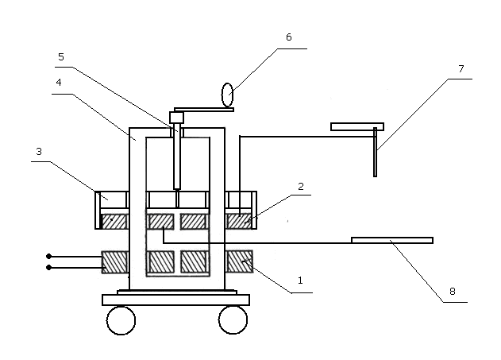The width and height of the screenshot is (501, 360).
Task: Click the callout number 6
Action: click(289, 37)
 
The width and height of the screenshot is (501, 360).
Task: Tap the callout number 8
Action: click(453, 292)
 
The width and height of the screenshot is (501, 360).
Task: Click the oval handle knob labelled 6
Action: click(228, 95)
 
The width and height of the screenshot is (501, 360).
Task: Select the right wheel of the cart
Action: click(233, 319)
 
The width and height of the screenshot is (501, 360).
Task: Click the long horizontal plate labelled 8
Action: click(391, 240)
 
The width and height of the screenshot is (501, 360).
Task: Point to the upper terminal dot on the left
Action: click(49, 257)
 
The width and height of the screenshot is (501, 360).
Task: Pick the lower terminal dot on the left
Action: click(49, 268)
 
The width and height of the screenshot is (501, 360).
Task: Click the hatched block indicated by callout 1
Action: click(240, 261)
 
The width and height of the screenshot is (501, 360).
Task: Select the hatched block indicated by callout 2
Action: click(239, 220)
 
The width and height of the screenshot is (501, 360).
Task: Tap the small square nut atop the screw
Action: click(176, 118)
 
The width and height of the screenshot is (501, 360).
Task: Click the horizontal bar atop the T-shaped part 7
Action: click(357, 126)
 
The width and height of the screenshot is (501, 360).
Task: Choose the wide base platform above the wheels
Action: click(175, 300)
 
